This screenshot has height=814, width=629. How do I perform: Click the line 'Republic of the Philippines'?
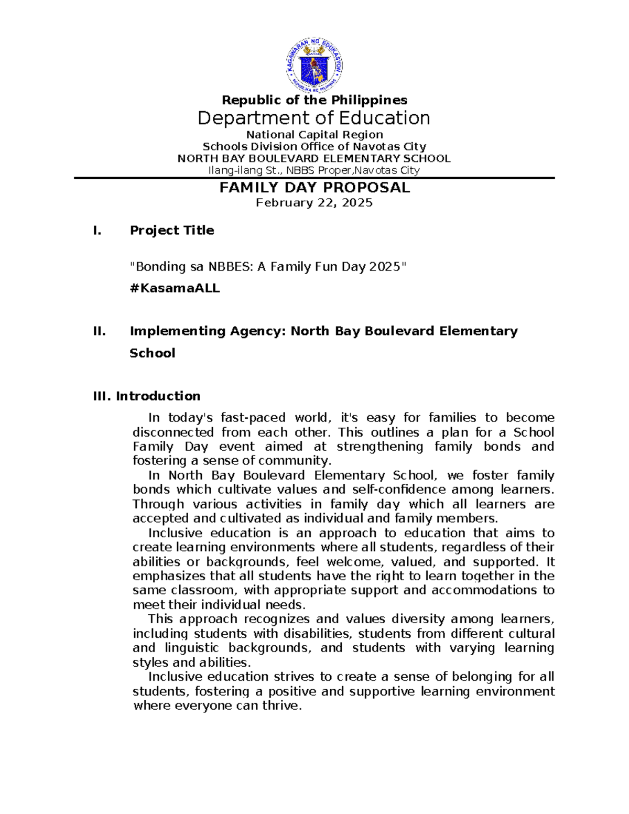coord(314,100)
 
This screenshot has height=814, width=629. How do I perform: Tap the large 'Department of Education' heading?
coord(314,118)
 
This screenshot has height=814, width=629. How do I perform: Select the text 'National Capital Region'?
coord(314,135)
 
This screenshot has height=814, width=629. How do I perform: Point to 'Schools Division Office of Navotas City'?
coord(314,147)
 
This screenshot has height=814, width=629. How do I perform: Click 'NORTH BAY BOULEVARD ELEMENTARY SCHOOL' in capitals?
coord(314,158)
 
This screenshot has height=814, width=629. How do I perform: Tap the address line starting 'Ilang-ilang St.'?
coord(314,170)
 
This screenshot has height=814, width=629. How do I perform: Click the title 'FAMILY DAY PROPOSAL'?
coord(314,188)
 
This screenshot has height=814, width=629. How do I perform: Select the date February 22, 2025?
coord(314,203)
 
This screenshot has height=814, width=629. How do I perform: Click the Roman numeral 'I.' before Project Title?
coord(97,231)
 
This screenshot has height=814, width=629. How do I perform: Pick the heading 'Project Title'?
coord(172,231)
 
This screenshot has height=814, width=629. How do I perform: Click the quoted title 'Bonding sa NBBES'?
coord(268,267)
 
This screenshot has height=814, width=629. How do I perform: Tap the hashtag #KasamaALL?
coord(175,288)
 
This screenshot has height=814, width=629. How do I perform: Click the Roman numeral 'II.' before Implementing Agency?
coord(99,331)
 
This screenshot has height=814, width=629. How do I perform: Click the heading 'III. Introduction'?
coord(147,396)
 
